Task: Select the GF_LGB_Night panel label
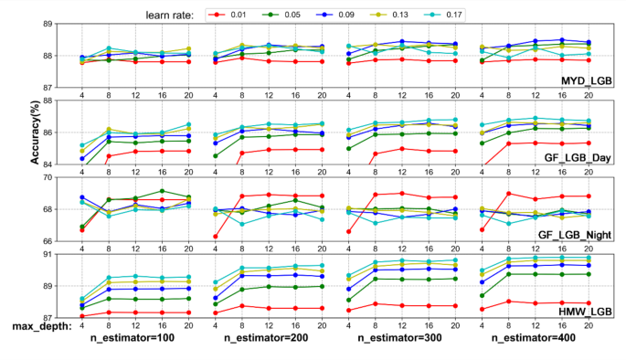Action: (x=574, y=235)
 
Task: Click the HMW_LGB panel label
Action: (x=585, y=312)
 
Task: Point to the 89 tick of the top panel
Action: (x=58, y=24)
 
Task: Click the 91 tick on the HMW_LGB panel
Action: (x=58, y=254)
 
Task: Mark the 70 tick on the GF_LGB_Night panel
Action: (x=58, y=177)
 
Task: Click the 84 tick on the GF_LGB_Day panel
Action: (x=58, y=164)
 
